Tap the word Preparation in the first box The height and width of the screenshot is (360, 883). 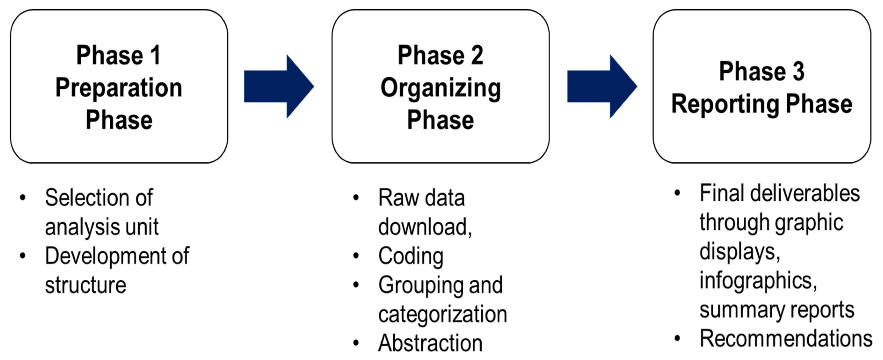coord(119,88)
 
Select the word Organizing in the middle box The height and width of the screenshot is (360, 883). coord(440,88)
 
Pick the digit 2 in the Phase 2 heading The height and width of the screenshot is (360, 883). coord(477,55)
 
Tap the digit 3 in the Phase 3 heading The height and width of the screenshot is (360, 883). coord(799,71)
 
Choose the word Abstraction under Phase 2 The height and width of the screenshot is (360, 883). coord(430,343)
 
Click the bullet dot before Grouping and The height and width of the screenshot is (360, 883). coord(356,285)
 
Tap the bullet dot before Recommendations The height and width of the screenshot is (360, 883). coord(677,338)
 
